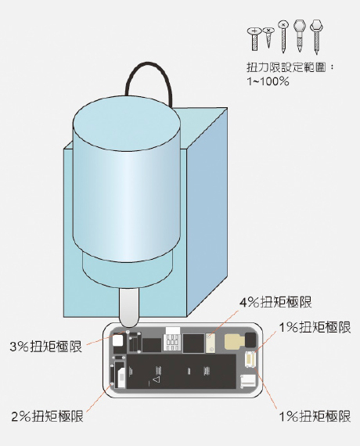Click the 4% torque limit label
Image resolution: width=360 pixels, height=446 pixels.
pos(275,302)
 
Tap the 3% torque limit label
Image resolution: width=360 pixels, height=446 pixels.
pos(45,347)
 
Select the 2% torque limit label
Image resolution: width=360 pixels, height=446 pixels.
pos(47,416)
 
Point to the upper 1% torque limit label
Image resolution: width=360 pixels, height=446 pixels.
pos(315,327)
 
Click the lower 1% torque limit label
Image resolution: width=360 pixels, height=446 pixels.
pos(315,416)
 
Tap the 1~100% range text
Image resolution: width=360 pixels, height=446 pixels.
pos(268,81)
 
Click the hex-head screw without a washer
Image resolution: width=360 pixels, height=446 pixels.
pos(300,35)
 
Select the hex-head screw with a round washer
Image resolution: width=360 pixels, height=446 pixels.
pos(316,37)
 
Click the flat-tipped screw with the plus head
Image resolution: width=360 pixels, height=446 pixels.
pos(254,39)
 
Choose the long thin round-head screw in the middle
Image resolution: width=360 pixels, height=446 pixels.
pos(283,37)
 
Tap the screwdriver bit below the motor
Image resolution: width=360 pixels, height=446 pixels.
pos(129,308)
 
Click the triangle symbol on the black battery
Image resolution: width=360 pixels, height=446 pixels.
pos(156,379)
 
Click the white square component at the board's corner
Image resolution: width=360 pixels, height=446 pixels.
pos(118,340)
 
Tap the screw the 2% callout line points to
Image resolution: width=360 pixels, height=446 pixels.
pos(112,384)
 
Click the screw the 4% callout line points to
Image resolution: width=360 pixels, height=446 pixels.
pos(210,336)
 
